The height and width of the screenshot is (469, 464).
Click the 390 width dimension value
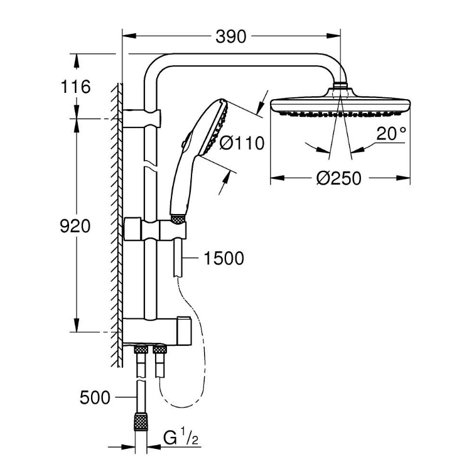coord(230,36)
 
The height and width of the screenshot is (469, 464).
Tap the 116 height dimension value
coord(75,87)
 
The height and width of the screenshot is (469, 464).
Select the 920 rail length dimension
coord(75,226)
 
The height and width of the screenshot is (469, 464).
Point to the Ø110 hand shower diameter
coord(242,143)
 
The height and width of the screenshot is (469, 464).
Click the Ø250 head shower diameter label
coord(339,178)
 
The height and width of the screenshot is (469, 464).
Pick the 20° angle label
coord(391,133)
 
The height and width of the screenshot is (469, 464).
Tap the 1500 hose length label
coord(224,258)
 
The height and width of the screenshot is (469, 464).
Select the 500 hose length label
coord(95,397)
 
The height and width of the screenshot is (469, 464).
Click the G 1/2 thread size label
coord(181,438)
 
